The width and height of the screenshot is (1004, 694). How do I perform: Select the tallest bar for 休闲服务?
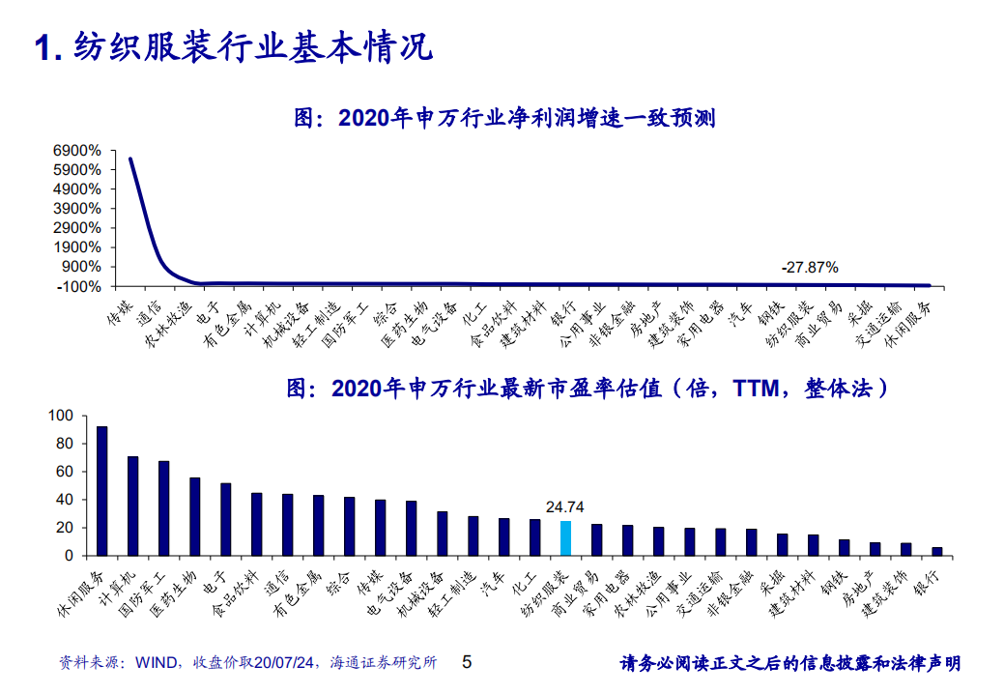(x=101, y=491)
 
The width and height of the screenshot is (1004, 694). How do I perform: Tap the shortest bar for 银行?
(x=936, y=551)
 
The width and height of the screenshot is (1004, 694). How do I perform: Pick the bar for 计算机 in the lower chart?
(x=132, y=506)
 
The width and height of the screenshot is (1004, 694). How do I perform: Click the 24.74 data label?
(x=565, y=506)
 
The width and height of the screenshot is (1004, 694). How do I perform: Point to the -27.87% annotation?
(x=811, y=267)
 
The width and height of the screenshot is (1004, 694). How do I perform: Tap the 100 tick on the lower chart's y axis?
(x=60, y=416)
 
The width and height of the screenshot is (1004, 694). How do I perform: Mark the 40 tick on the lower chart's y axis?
(x=64, y=500)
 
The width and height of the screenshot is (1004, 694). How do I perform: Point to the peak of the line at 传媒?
(x=129, y=159)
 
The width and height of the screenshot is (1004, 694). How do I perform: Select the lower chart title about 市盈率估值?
(x=588, y=389)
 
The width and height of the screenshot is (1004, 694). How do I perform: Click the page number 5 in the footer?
(x=468, y=662)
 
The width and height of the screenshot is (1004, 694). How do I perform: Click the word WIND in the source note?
(x=155, y=663)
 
